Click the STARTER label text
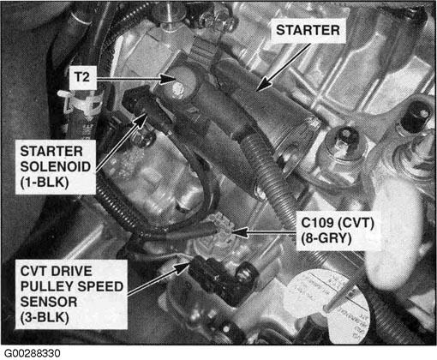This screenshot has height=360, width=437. [x=308, y=30]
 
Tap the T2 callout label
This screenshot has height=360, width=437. [x=82, y=77]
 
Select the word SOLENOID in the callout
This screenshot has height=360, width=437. [x=56, y=166]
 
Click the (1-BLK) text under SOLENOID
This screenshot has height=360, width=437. [x=45, y=182]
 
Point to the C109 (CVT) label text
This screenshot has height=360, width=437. [x=338, y=223]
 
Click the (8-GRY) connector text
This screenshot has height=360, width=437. [x=326, y=238]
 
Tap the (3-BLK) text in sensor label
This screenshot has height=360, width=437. [x=45, y=317]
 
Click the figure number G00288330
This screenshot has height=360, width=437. [x=33, y=353]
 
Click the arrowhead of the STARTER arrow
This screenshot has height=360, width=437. [x=263, y=85]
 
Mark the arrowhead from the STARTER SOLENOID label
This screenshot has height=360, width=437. [x=141, y=118]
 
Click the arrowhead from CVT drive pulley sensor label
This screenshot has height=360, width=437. [x=183, y=267]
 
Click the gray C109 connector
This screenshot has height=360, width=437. [x=220, y=225]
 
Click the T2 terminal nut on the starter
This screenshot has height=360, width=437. [x=177, y=89]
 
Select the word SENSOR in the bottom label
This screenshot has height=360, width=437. [x=49, y=302]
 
